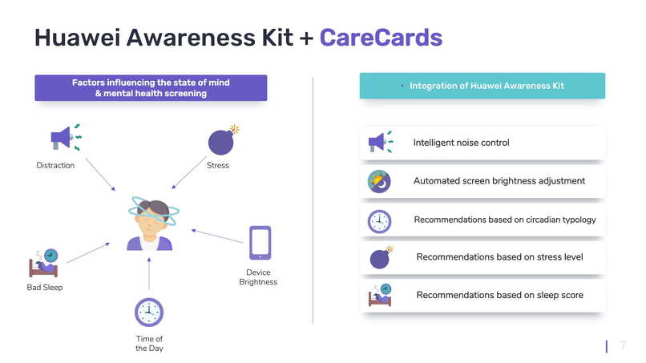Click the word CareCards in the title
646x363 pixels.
(x=381, y=37)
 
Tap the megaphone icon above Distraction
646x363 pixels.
(x=64, y=137)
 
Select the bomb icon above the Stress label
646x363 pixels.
(x=222, y=140)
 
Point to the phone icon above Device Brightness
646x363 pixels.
(x=259, y=242)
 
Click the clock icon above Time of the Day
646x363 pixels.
(x=149, y=312)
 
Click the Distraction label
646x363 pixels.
(x=55, y=166)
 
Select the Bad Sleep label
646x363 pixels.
(x=44, y=288)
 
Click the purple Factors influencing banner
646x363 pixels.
(x=151, y=88)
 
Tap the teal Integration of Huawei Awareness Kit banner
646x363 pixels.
(x=482, y=86)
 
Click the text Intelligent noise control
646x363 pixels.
(x=461, y=143)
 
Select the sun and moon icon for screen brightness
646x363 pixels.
(x=378, y=181)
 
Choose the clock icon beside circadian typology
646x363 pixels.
(x=378, y=220)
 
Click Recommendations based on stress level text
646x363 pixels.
(x=499, y=257)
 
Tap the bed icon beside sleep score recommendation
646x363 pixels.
(x=379, y=295)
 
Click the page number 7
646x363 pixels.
(x=623, y=345)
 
